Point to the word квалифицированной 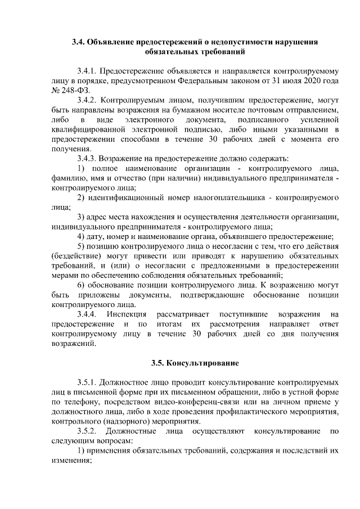coord(86,129)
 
